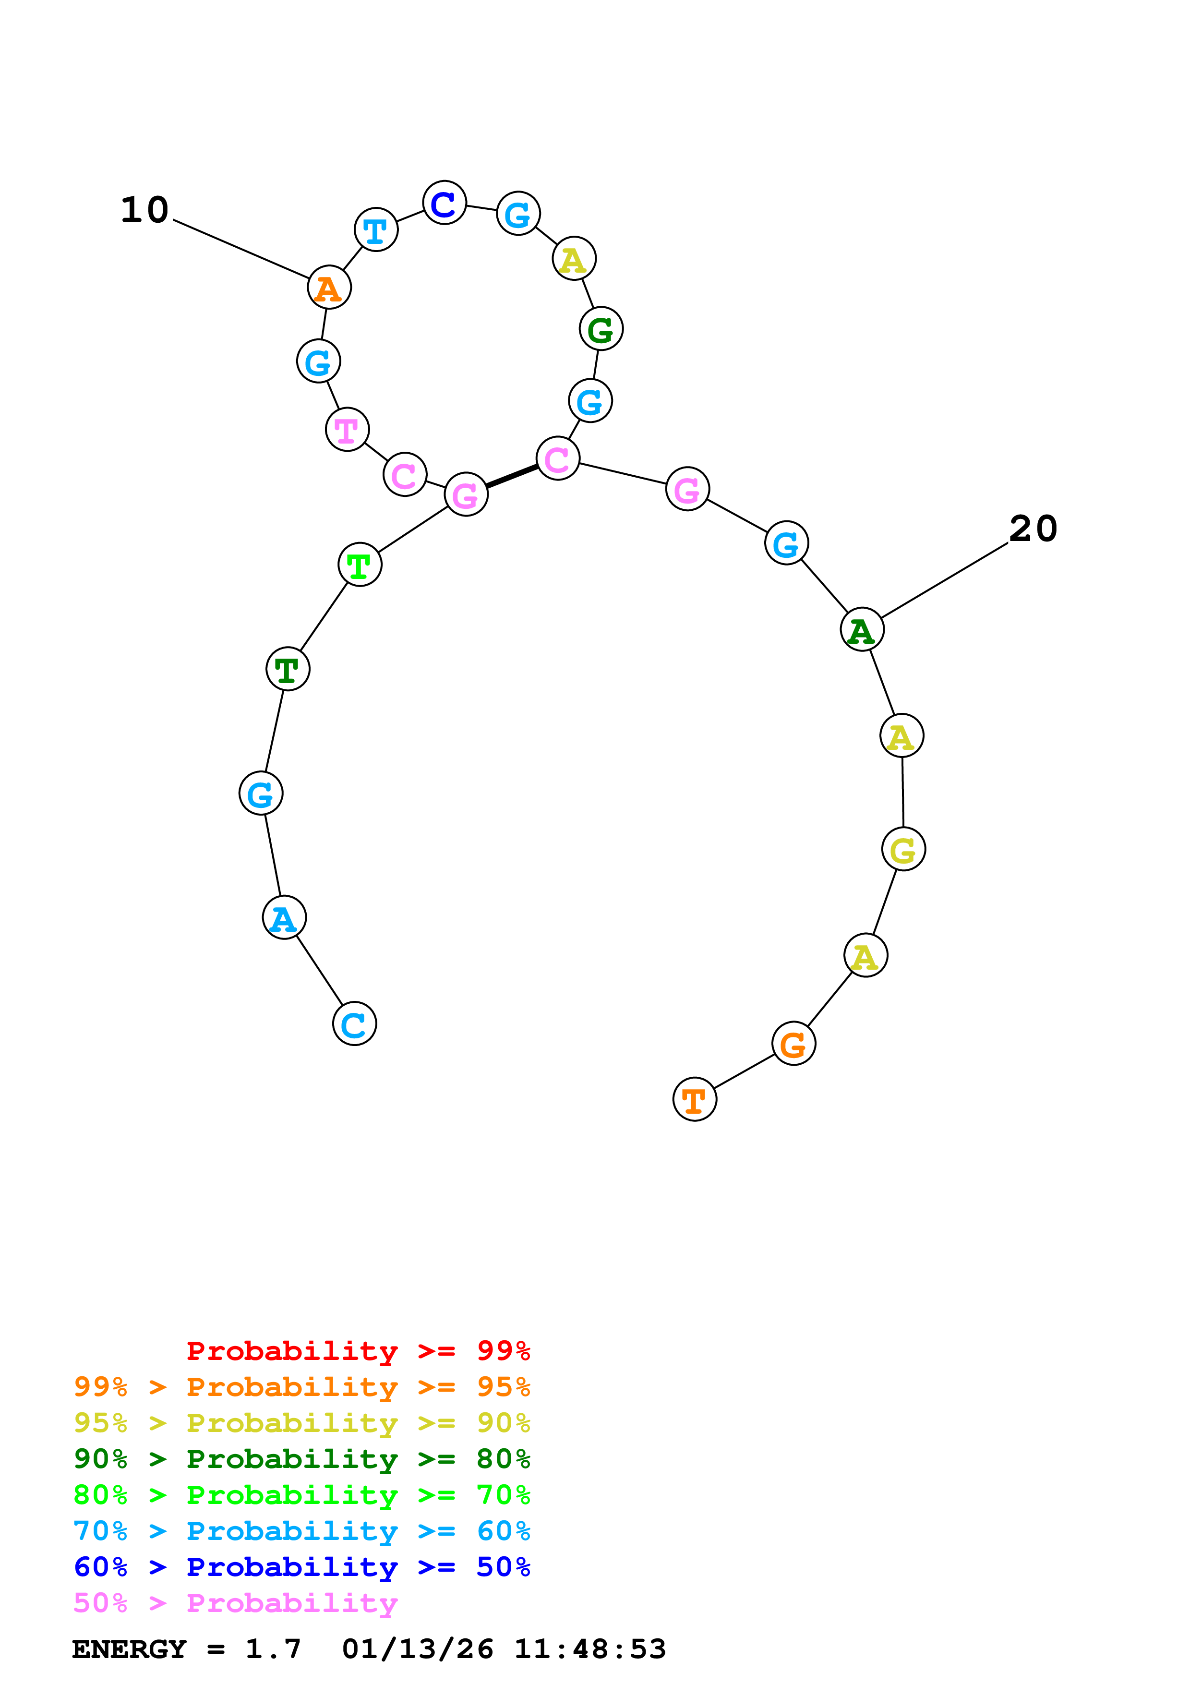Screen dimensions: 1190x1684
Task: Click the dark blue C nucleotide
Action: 445,203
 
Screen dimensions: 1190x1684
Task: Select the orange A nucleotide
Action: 329,288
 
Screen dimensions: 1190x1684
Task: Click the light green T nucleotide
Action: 359,565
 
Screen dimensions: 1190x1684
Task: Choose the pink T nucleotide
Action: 347,430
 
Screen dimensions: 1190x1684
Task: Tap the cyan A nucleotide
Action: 284,917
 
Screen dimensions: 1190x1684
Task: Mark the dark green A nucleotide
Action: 862,629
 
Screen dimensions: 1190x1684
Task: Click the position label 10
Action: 145,210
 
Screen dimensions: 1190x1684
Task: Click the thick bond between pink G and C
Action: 512,476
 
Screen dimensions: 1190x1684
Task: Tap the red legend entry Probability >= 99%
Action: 358,1351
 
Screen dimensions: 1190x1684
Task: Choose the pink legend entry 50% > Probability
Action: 235,1602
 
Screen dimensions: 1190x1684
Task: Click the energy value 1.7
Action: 273,1649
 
